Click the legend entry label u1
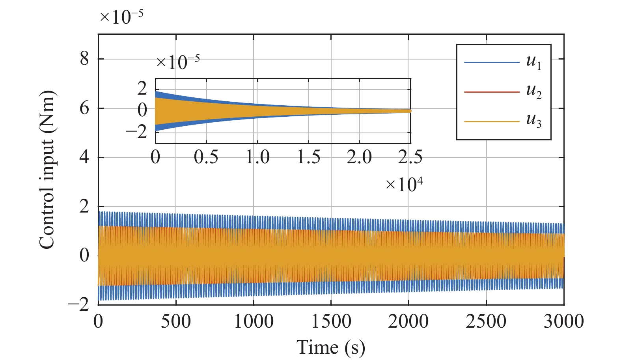point(533,62)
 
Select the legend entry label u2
point(533,91)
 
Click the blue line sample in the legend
point(492,62)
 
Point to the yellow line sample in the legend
point(492,121)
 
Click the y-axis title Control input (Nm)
point(47,170)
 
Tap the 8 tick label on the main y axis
point(84,59)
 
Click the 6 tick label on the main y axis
point(84,108)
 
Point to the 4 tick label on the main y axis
point(84,157)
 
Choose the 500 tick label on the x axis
point(175,321)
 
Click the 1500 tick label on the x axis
point(331,321)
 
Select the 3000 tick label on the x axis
point(563,321)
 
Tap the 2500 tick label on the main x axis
point(486,321)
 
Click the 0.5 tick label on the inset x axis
point(206,157)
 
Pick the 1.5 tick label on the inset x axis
point(308,157)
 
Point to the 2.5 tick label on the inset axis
point(410,157)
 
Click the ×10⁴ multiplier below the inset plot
point(404,184)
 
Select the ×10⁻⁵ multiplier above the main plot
point(121,17)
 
